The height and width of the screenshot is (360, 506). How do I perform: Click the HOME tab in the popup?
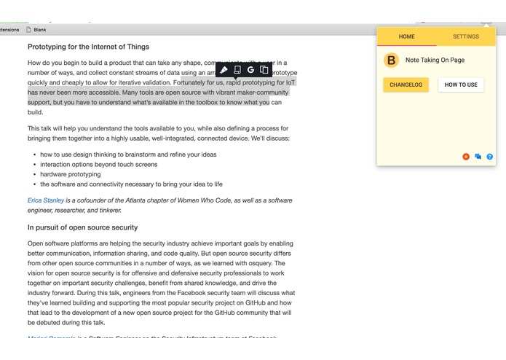407,36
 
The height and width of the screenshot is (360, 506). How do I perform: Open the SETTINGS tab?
466,36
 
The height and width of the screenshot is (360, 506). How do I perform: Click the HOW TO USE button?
461,85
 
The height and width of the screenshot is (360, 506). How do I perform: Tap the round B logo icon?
392,60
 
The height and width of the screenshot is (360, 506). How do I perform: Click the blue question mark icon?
489,157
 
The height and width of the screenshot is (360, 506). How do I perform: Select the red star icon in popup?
466,157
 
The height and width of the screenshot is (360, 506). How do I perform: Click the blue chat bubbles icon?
478,157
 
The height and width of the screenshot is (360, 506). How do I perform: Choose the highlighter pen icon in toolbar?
224,70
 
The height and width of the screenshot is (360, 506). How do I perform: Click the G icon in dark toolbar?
250,70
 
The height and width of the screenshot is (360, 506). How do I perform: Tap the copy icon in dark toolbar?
264,70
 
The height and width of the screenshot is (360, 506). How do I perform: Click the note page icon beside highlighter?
237,70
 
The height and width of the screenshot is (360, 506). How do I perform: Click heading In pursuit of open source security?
82,227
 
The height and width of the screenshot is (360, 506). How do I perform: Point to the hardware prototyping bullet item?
71,175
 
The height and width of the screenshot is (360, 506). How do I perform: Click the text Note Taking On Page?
435,60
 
